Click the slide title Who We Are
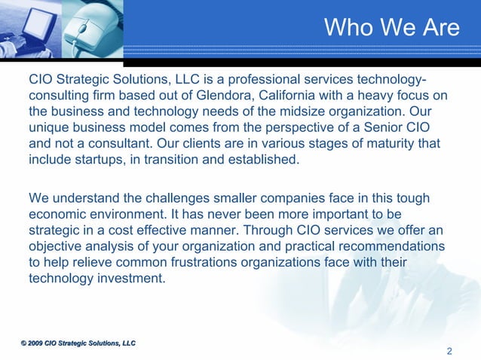point(391,28)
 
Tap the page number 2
point(449,350)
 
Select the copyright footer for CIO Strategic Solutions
point(78,343)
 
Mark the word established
point(264,160)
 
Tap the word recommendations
point(379,246)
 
